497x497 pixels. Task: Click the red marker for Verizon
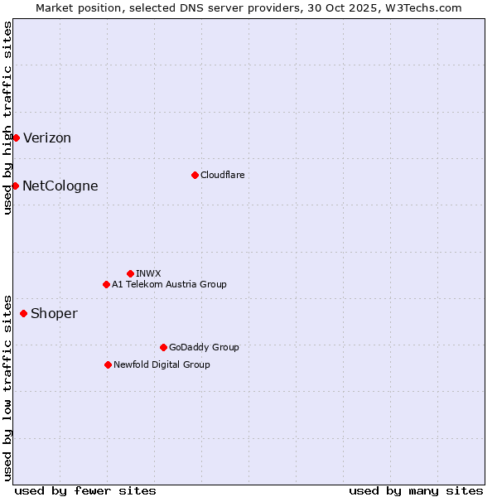tap(16, 138)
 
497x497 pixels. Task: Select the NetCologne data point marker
tap(15, 186)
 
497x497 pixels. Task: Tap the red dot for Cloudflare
tap(195, 175)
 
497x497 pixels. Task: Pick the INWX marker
tap(130, 273)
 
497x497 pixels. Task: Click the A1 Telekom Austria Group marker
tap(106, 284)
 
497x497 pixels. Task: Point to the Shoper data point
tap(23, 313)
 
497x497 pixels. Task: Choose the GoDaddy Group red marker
tap(163, 347)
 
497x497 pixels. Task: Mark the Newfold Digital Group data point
tap(108, 364)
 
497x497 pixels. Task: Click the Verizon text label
tap(47, 138)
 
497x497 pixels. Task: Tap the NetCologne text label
tap(60, 186)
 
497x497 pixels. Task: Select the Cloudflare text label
tap(222, 175)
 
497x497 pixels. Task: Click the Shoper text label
tap(54, 314)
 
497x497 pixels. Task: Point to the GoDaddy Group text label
tap(204, 347)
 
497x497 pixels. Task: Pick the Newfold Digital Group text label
tap(162, 364)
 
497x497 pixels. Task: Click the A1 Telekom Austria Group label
tap(169, 284)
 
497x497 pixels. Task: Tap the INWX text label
tap(148, 273)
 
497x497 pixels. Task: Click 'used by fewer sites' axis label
tap(85, 490)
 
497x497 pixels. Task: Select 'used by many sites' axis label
tap(416, 490)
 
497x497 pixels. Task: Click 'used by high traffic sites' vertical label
tap(7, 118)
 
